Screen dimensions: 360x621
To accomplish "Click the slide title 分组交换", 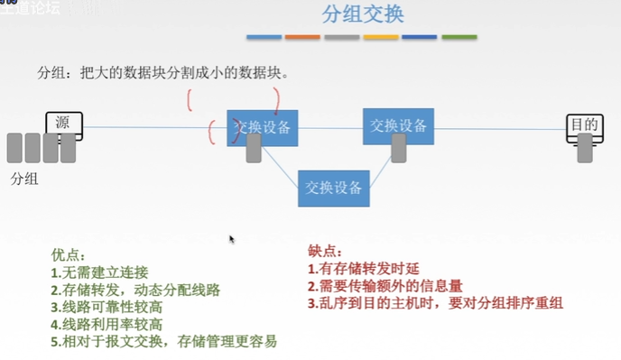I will click(x=362, y=14).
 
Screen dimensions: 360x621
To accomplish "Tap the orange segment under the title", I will click(x=302, y=37).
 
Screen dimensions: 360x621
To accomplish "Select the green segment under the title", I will click(x=459, y=37).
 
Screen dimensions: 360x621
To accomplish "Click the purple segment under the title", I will click(x=420, y=37).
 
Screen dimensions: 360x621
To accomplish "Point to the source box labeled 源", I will click(x=64, y=125).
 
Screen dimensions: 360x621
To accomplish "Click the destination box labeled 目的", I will click(x=582, y=125).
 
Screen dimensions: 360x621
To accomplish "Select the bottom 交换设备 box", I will click(x=334, y=188).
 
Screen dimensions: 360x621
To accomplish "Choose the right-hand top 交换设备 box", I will click(x=398, y=126).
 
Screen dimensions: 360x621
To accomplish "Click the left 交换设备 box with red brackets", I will click(x=263, y=129).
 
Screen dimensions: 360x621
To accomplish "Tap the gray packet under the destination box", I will click(x=586, y=148).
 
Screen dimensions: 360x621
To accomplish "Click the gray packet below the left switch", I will click(x=255, y=148).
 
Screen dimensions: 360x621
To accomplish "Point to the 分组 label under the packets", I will click(x=24, y=179).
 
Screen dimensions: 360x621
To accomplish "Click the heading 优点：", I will click(x=70, y=255).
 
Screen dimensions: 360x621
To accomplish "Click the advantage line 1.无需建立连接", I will click(x=100, y=272).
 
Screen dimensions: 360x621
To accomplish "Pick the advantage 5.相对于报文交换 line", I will click(x=163, y=341).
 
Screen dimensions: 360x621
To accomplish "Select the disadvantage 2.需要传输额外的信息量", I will click(x=385, y=286).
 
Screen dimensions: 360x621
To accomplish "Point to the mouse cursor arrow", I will click(x=232, y=239).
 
